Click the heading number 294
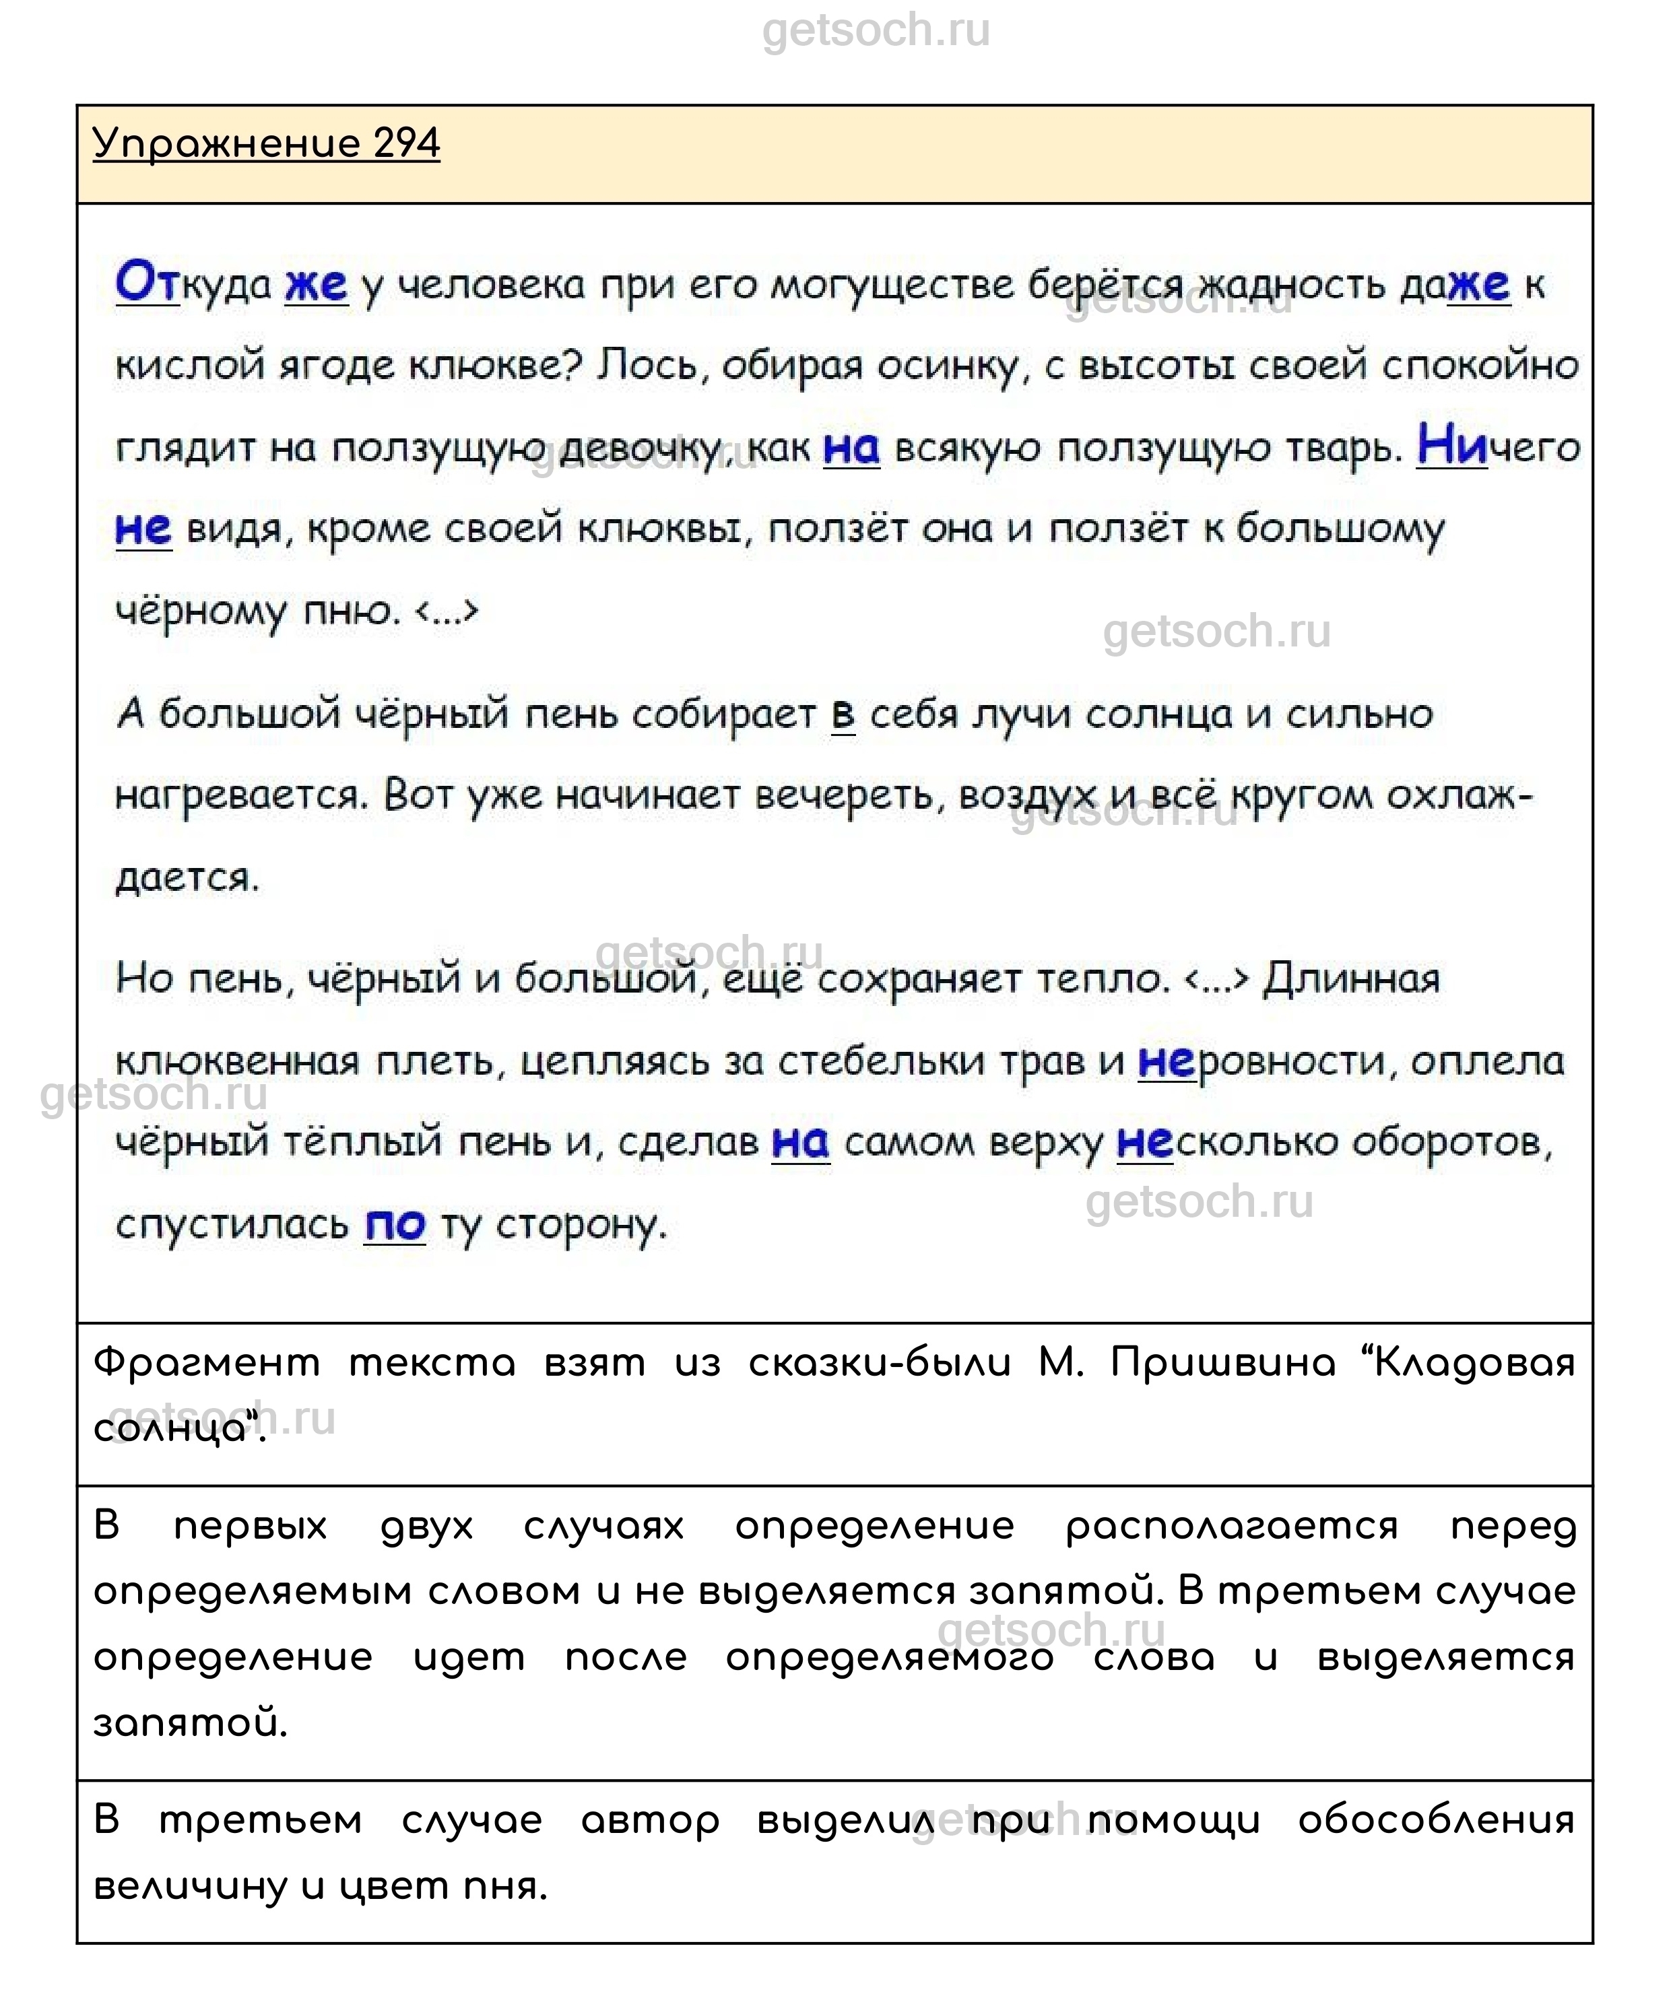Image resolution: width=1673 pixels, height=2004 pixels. (x=407, y=144)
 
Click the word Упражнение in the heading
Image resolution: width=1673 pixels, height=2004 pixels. (x=226, y=144)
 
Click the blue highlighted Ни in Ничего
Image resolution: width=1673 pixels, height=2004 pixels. (x=1451, y=446)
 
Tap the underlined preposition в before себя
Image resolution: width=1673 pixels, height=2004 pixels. (x=843, y=714)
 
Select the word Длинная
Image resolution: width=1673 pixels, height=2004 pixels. (x=1350, y=980)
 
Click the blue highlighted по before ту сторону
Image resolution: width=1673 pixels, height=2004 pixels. (x=394, y=1226)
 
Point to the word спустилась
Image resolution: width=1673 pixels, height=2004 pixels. (x=232, y=1226)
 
